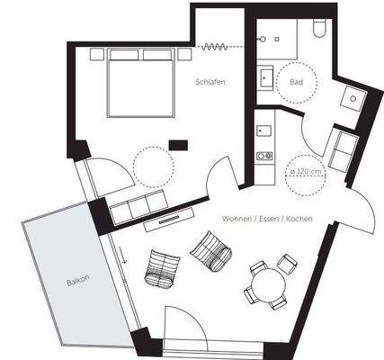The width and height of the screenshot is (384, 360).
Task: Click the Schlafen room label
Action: [x=210, y=82]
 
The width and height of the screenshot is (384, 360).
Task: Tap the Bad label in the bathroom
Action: [x=296, y=82]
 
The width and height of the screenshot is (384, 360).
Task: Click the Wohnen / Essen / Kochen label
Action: [x=267, y=219]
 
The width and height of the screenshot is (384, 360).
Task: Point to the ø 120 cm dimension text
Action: [x=306, y=172]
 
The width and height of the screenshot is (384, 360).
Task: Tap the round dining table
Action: [x=268, y=283]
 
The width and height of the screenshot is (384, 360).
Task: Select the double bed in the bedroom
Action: [x=141, y=83]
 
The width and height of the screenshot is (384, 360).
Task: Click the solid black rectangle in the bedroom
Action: [x=178, y=145]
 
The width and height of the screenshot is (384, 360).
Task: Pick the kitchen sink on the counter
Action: [x=264, y=130]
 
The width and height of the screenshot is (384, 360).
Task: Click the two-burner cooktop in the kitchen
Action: [x=264, y=156]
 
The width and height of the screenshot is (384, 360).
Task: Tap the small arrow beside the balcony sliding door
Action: [x=122, y=255]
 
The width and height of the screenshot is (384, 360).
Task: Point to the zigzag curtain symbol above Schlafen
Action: [x=215, y=47]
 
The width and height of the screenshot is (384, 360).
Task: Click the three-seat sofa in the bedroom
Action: [x=138, y=207]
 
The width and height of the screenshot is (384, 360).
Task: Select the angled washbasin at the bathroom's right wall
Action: [x=353, y=98]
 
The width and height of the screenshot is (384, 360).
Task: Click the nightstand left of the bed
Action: [x=97, y=54]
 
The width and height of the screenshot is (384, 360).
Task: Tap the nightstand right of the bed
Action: [x=184, y=54]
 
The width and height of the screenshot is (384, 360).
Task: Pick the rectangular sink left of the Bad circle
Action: [x=265, y=78]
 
